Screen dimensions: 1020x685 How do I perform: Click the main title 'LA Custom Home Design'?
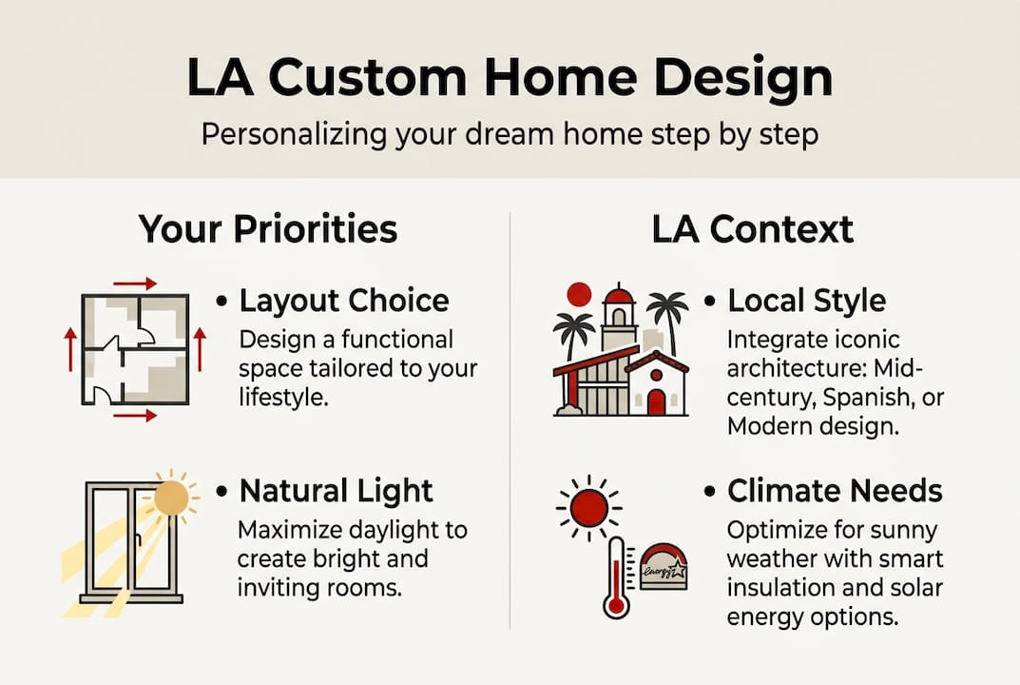point(510,78)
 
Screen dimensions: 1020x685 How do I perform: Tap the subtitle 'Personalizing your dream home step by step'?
point(510,135)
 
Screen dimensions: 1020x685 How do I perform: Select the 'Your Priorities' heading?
point(267,228)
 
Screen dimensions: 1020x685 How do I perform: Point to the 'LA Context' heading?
point(753,229)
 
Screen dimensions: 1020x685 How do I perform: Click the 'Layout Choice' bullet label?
point(344,301)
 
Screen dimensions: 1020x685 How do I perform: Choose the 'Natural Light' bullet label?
point(336,491)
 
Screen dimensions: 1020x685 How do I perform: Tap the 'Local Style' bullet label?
point(807,301)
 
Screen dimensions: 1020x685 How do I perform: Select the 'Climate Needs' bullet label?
point(835,491)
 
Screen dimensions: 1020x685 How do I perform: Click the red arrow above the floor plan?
point(135,284)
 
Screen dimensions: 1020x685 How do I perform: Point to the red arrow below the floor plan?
point(135,416)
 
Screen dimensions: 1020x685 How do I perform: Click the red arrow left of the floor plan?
point(70,350)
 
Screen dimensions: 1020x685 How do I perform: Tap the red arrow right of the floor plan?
point(200,350)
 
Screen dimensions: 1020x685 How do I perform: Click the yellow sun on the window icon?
point(172,499)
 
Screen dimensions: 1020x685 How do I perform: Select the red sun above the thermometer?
point(589,507)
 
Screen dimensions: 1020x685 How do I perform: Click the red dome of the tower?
point(619,297)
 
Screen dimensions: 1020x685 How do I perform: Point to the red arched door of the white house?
point(656,401)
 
